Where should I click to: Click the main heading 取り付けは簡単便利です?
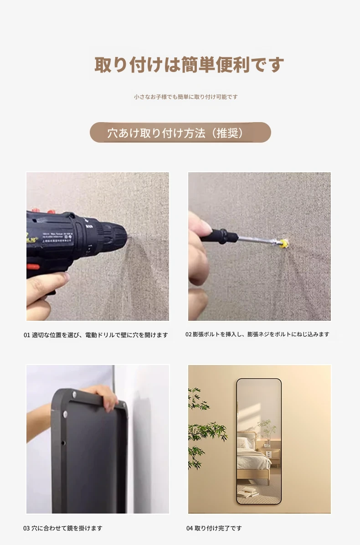coord(189,65)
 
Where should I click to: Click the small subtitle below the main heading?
coord(186,97)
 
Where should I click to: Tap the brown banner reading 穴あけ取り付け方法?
coord(180,133)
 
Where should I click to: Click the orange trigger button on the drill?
coord(33,267)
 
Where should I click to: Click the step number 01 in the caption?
coord(27,335)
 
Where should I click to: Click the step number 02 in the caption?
coord(188,334)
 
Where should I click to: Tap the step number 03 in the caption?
coord(26,528)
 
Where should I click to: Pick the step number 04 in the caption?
coord(190,528)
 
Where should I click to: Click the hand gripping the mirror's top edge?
coord(104,396)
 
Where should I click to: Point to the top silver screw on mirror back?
coord(74,394)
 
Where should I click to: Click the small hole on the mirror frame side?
coord(63,443)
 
